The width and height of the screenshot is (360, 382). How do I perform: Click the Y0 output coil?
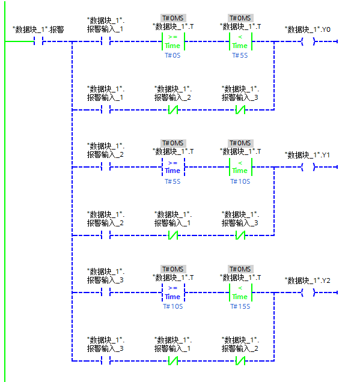point(308,41)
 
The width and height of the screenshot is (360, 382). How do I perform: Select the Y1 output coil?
point(308,167)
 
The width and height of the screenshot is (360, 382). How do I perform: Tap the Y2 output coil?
point(308,293)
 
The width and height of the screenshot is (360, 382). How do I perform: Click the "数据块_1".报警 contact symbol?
point(38,41)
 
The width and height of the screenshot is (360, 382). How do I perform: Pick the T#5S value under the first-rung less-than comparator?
point(240,55)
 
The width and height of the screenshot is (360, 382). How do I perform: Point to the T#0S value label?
point(172,55)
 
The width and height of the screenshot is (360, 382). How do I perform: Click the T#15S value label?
point(240,306)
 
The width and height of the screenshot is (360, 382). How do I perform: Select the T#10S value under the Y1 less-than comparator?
point(240,181)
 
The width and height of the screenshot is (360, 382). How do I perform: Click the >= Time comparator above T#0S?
point(173,41)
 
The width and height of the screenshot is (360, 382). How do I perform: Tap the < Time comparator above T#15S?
point(240,293)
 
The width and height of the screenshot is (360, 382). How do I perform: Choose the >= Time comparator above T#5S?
point(173,167)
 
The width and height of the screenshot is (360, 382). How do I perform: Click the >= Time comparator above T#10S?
point(173,293)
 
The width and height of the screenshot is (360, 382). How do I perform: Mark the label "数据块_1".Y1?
point(307,155)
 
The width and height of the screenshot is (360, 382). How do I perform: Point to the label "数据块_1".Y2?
point(308,280)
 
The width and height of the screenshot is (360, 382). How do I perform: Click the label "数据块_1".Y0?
point(308,29)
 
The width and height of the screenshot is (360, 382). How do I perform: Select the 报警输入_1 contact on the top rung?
point(106,41)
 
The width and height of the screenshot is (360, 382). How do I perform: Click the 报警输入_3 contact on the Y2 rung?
point(106,293)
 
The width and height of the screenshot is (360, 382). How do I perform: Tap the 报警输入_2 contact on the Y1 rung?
point(106,167)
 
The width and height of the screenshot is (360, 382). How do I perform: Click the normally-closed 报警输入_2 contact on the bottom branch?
point(240,361)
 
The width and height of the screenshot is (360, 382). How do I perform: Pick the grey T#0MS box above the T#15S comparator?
point(240,269)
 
